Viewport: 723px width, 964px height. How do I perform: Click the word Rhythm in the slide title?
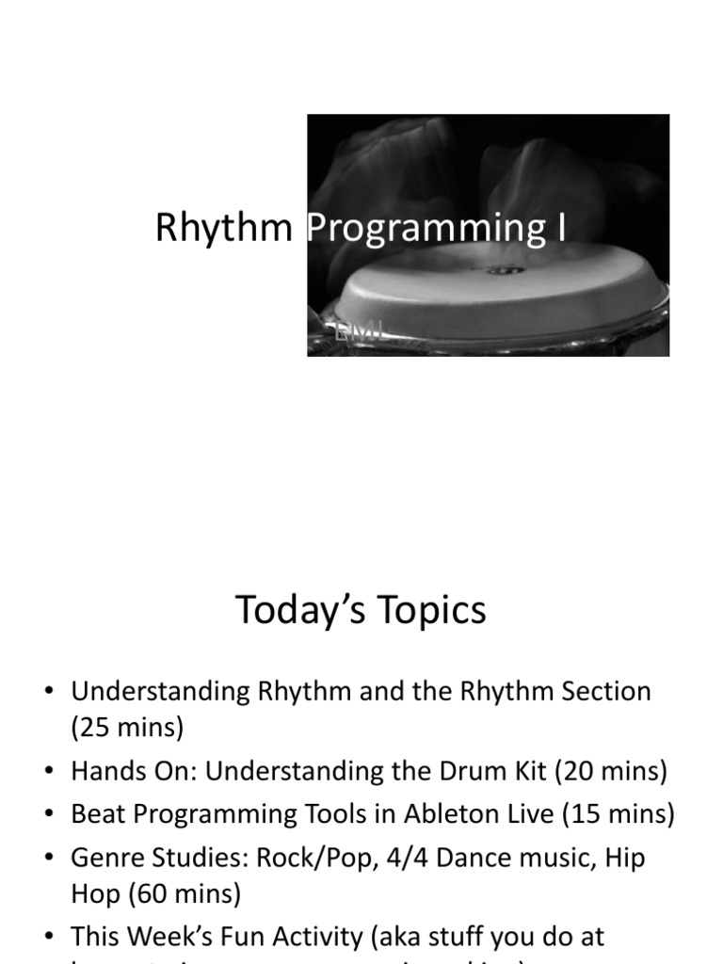tap(223, 228)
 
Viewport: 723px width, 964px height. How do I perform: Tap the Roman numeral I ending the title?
tap(561, 228)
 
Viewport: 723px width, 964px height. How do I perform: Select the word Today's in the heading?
tap(299, 610)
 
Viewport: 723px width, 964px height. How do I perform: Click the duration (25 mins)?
tap(128, 728)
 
